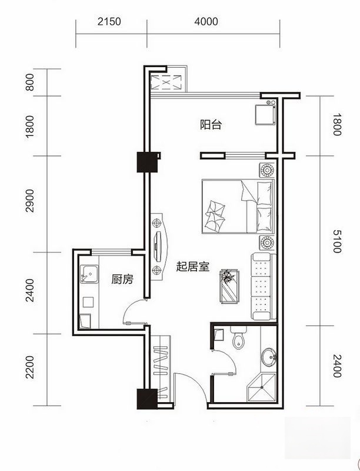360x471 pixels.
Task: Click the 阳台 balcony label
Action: [210, 124]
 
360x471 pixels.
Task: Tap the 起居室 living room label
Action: [192, 267]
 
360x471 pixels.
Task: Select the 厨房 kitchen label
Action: [122, 280]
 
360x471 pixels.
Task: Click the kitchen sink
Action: [90, 274]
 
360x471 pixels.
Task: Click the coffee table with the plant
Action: [228, 286]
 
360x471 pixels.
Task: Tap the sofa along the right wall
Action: [262, 286]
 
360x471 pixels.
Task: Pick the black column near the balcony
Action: [145, 162]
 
